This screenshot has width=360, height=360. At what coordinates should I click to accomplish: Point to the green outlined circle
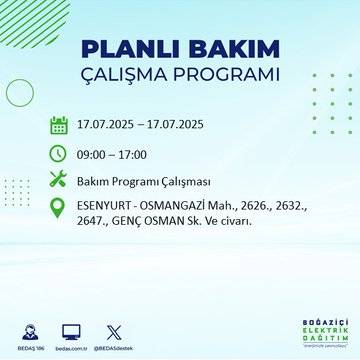point(20,92)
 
